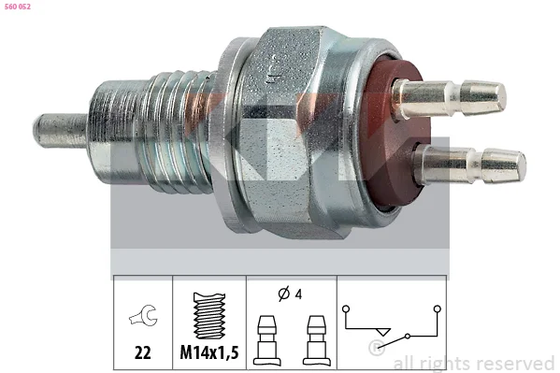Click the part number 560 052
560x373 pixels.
pyautogui.click(x=18, y=7)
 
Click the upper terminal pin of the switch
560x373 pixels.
pyautogui.click(x=450, y=98)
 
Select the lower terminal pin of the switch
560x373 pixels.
pyautogui.click(x=470, y=165)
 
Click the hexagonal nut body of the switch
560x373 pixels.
pyautogui.click(x=286, y=132)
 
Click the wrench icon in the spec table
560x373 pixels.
pyautogui.click(x=144, y=315)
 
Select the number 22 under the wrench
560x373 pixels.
pyautogui.click(x=142, y=352)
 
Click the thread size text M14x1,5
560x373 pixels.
pyautogui.click(x=209, y=352)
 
